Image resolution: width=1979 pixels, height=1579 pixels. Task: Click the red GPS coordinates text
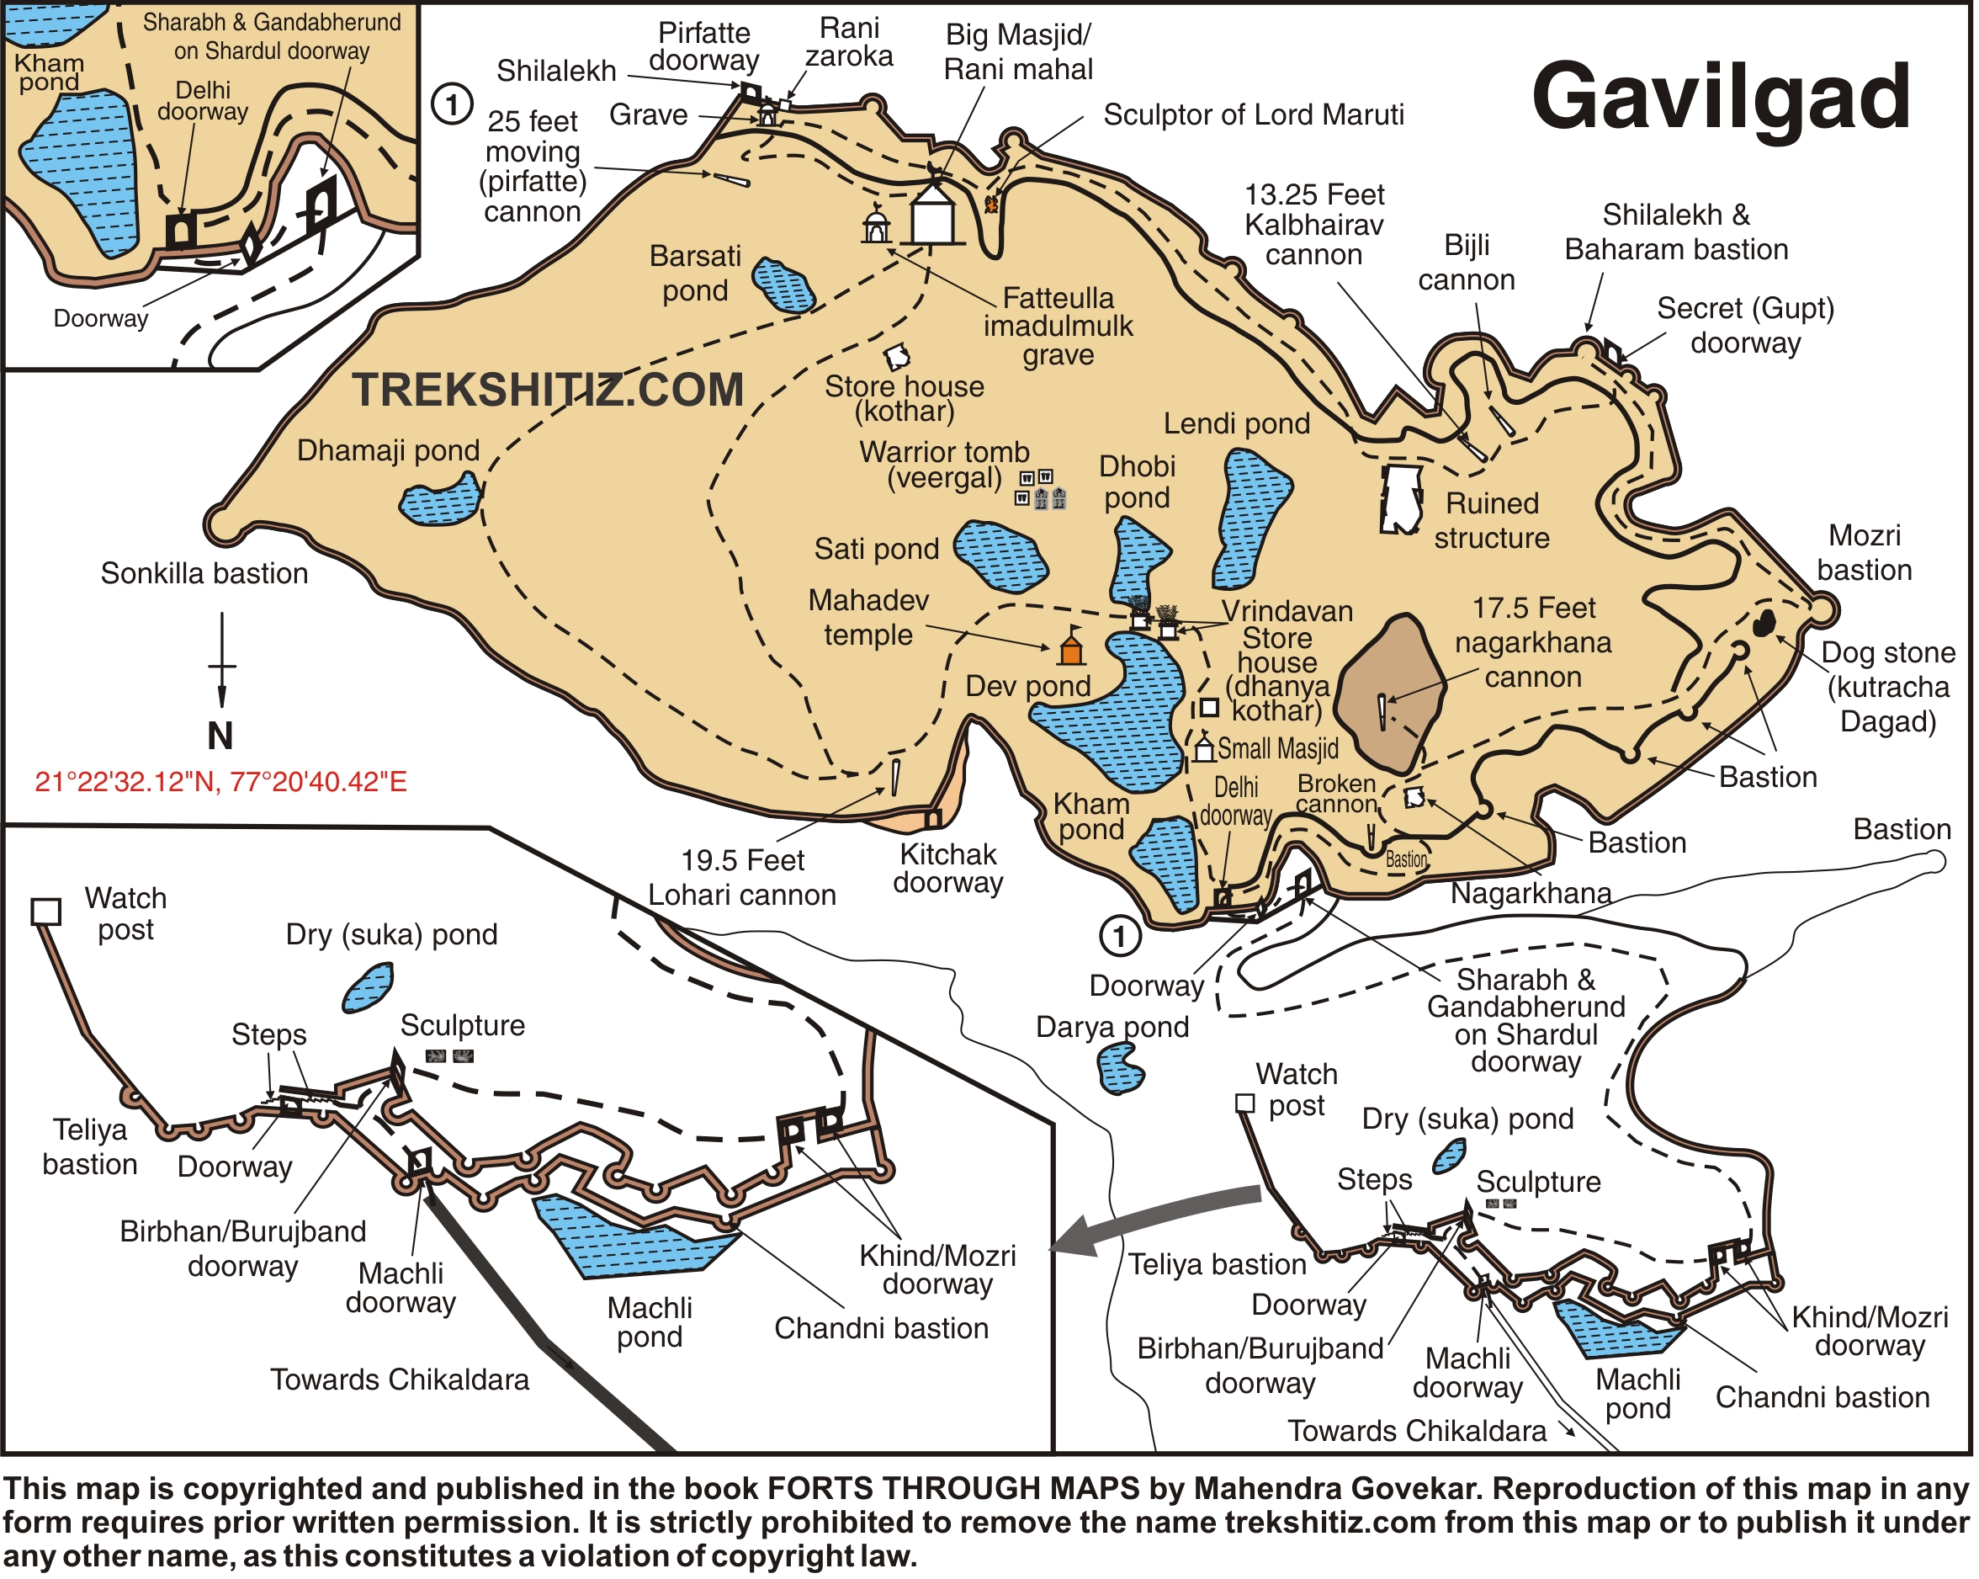pyautogui.click(x=220, y=783)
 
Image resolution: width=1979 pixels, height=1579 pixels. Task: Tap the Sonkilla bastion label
pyautogui.click(x=204, y=574)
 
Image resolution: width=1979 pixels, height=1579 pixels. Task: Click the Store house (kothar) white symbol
pyautogui.click(x=898, y=357)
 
